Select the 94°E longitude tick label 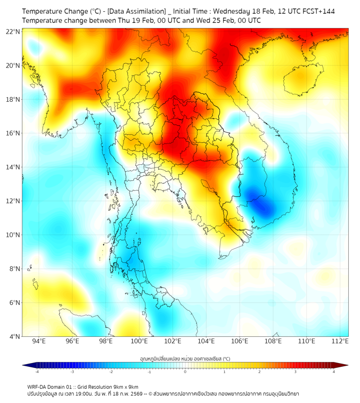click(x=39, y=341)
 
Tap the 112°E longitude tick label click(x=340, y=341)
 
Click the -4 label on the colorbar click(x=37, y=372)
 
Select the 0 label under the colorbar click(x=185, y=372)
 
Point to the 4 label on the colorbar click(x=334, y=372)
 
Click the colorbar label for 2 click(x=260, y=372)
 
